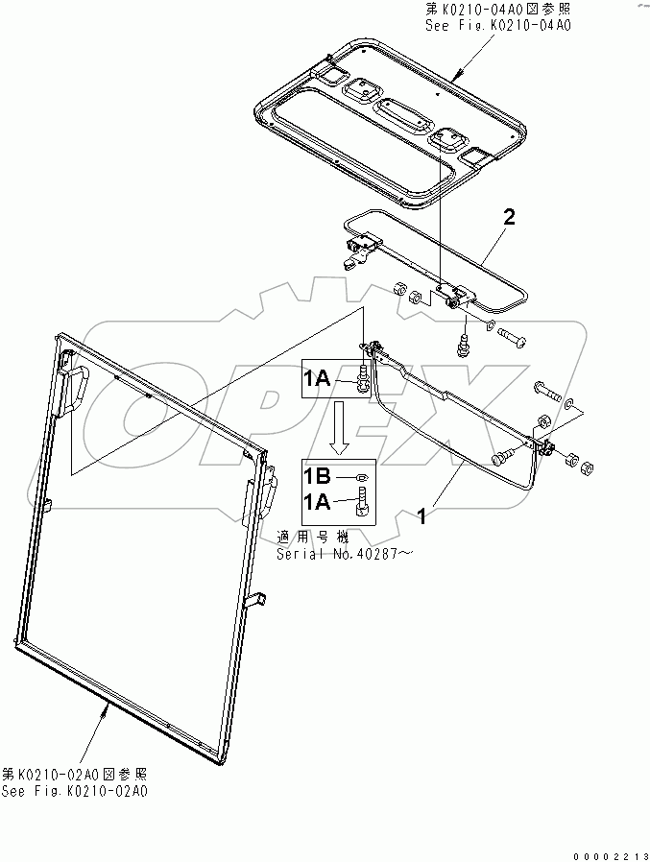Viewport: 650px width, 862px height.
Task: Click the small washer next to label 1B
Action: click(x=358, y=477)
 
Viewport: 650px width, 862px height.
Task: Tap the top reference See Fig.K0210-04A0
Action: click(x=498, y=27)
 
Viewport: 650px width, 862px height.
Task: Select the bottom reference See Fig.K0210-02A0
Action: click(x=75, y=790)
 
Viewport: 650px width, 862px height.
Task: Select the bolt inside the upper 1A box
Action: click(x=363, y=380)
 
